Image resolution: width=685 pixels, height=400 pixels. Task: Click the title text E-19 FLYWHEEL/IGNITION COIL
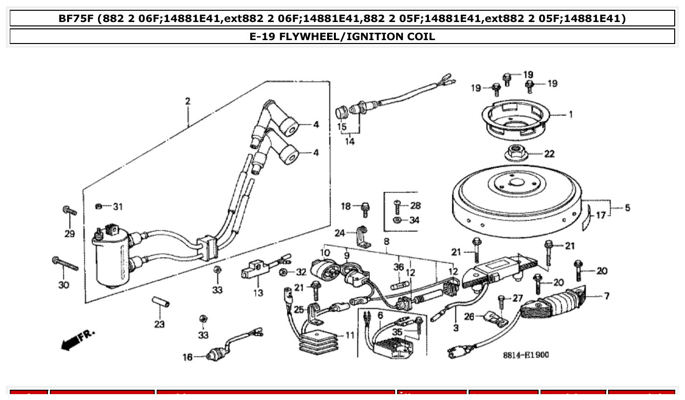[x=342, y=36]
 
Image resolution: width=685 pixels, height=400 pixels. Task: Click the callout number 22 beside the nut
[x=549, y=154]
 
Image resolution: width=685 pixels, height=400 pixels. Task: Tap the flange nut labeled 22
[x=515, y=153]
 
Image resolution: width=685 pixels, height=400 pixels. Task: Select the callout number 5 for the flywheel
[x=627, y=208]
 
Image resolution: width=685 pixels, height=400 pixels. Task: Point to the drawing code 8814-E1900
[x=526, y=355]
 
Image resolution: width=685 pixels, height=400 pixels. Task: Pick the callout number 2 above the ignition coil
[x=188, y=101]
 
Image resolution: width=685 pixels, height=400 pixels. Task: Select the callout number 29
[x=70, y=234]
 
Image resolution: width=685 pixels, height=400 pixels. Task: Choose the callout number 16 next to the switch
[x=188, y=357]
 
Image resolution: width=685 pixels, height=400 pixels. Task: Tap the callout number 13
[x=258, y=292]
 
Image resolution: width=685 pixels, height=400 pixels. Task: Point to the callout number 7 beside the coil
[x=607, y=296]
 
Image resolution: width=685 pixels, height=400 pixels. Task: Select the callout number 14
[x=350, y=142]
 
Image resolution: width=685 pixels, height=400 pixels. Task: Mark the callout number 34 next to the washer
[x=414, y=220]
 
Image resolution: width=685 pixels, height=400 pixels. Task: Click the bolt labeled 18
[x=365, y=209]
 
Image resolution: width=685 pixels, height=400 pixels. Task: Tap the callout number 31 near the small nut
[x=118, y=206]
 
